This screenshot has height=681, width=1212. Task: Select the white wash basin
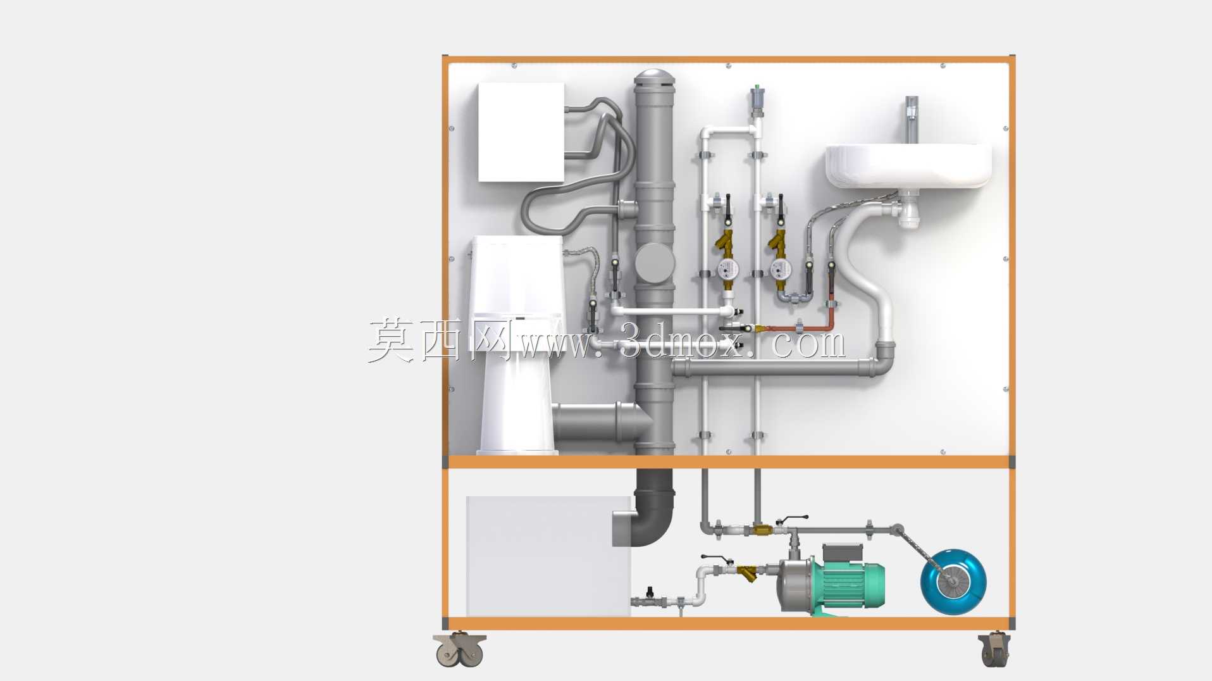click(908, 166)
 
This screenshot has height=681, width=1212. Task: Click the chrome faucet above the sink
click(912, 120)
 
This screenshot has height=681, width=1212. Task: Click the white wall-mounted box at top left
click(521, 132)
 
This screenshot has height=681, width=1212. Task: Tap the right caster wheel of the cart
click(994, 650)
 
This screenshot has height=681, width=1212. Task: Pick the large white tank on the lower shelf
click(548, 556)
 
